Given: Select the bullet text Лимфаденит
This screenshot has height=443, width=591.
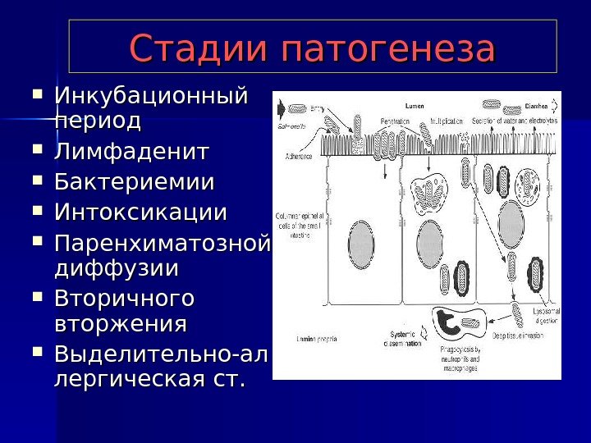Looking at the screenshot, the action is click(131, 152).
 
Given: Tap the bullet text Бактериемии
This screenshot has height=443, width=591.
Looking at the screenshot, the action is click(134, 181).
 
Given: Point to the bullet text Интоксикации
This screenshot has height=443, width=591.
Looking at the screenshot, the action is click(140, 212).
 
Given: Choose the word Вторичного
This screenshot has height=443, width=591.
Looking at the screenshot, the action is click(124, 296).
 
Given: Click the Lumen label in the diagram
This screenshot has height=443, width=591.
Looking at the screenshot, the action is click(415, 107).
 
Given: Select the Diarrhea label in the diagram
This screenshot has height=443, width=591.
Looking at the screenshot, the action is click(537, 107).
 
